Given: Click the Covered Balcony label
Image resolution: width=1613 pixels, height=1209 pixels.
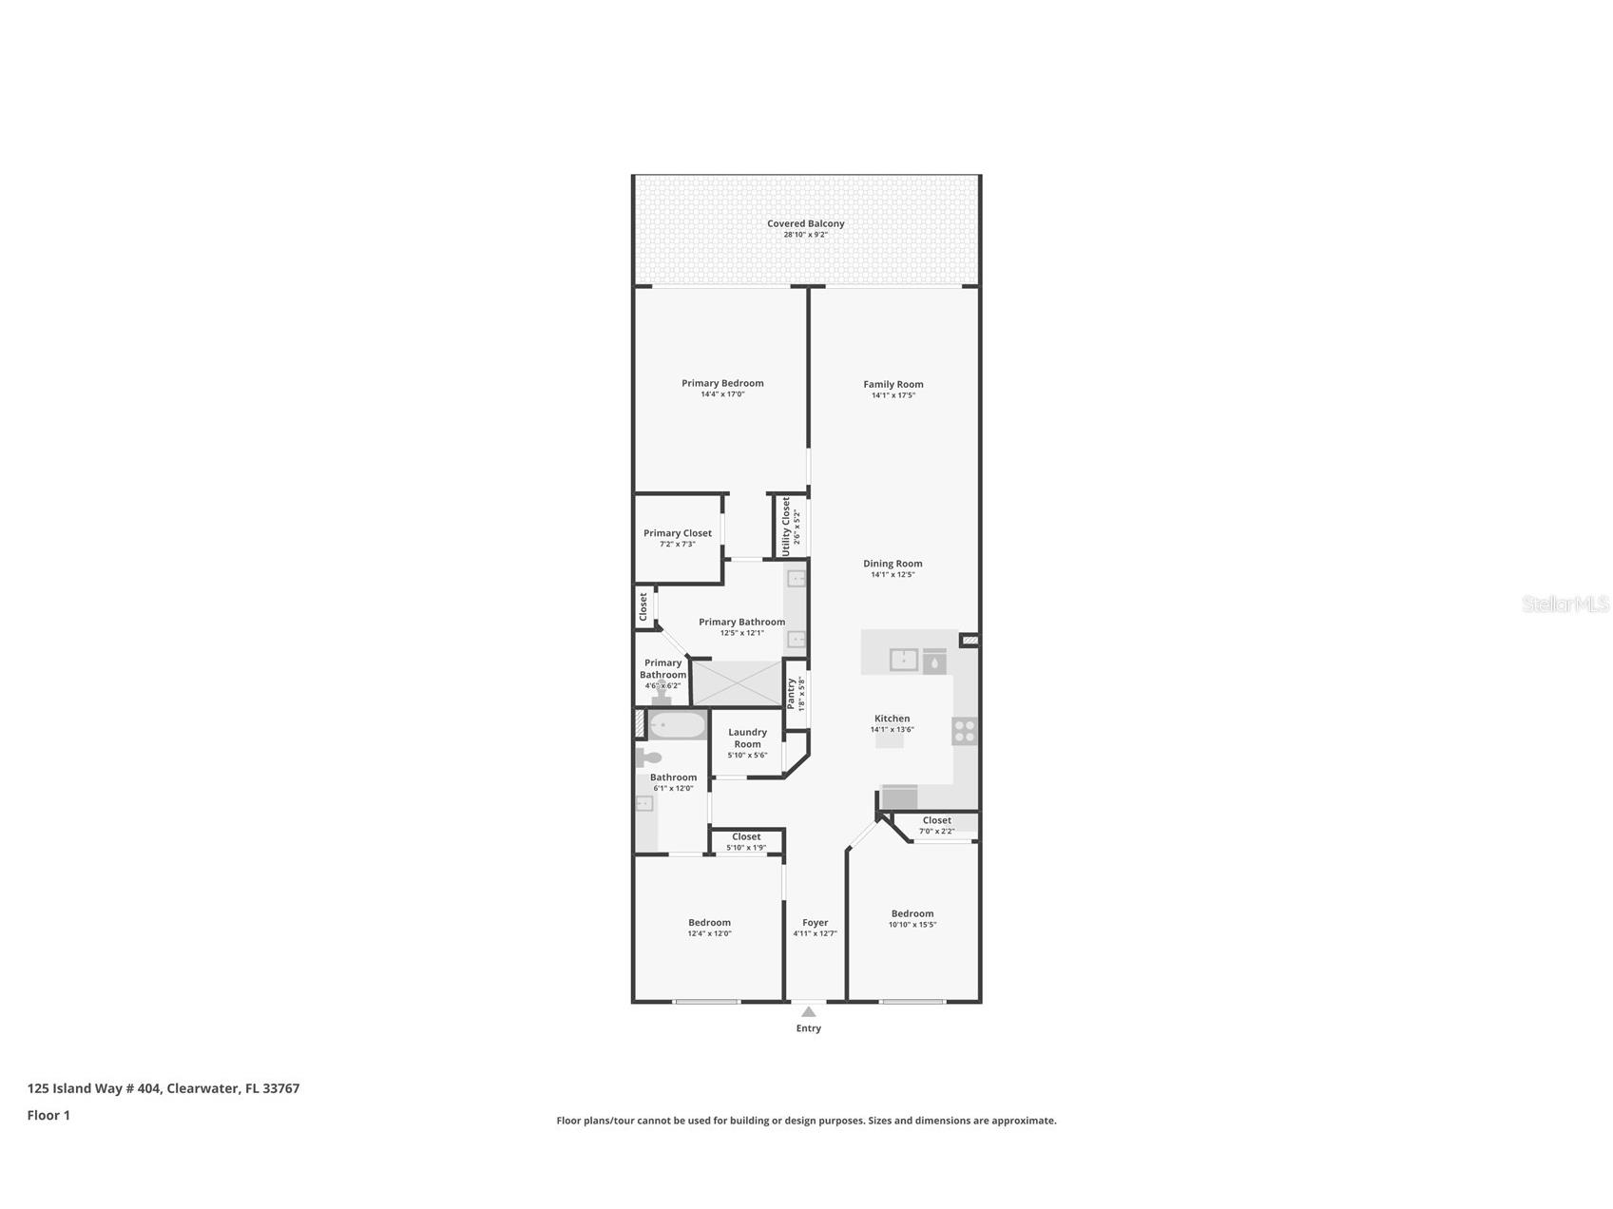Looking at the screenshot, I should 805,223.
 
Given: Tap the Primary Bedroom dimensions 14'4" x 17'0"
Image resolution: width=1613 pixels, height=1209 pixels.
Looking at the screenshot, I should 722,394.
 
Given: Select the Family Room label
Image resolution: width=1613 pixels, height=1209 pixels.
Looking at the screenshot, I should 893,384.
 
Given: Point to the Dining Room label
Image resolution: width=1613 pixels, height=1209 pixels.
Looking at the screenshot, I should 893,564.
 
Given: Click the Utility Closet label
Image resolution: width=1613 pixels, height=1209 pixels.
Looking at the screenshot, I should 786,526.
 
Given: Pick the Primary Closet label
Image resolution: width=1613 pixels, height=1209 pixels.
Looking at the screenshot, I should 677,533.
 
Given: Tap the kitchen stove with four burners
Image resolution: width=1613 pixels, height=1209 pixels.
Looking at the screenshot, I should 964,731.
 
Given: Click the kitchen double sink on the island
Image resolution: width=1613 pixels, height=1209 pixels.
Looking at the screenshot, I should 904,660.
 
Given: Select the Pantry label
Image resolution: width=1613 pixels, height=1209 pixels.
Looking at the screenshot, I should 791,692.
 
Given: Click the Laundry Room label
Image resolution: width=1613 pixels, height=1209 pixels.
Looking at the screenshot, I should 747,738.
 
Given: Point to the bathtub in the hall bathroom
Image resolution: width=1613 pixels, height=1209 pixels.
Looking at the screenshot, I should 677,726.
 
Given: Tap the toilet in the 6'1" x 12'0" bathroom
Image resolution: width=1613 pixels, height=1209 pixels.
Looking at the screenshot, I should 650,758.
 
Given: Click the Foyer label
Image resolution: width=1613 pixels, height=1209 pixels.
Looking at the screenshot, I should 815,922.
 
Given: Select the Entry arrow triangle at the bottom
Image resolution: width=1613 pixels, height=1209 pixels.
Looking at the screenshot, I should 808,1012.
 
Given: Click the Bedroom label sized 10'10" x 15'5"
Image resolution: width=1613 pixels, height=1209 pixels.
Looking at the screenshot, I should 912,913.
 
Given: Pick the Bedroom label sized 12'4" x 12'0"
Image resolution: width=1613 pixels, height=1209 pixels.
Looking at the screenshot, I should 709,922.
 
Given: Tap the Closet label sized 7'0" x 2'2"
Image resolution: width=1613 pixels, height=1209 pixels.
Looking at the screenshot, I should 936,820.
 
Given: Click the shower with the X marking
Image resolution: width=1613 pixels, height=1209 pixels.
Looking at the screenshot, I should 737,682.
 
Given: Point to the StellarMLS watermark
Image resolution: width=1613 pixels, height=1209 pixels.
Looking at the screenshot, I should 1565,604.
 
